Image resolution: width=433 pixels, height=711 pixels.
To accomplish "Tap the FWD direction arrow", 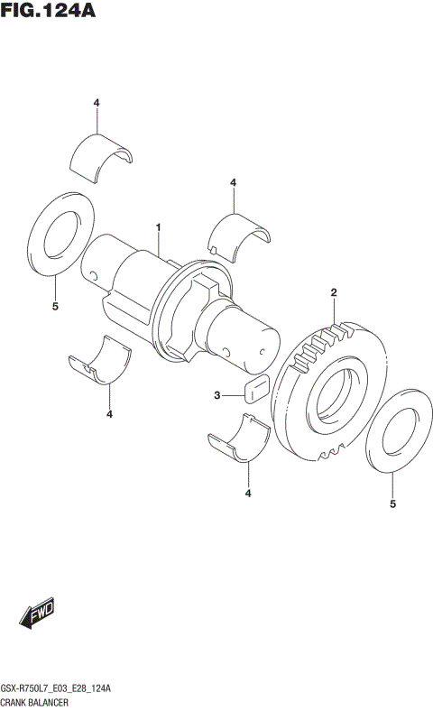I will pyautogui.click(x=37, y=615).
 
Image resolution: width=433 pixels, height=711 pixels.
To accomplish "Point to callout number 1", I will pyautogui.click(x=158, y=227).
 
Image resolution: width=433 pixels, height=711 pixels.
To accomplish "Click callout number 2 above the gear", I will pyautogui.click(x=333, y=292).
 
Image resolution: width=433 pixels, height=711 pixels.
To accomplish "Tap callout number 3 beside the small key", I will pyautogui.click(x=217, y=395).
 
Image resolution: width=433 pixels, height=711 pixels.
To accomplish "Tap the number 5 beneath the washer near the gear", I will pyautogui.click(x=392, y=504).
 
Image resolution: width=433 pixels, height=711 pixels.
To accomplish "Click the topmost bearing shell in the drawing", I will pyautogui.click(x=101, y=151).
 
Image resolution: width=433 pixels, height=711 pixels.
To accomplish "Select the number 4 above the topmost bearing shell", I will pyautogui.click(x=96, y=103).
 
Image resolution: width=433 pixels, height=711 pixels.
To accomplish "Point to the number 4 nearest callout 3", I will pyautogui.click(x=247, y=493).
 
